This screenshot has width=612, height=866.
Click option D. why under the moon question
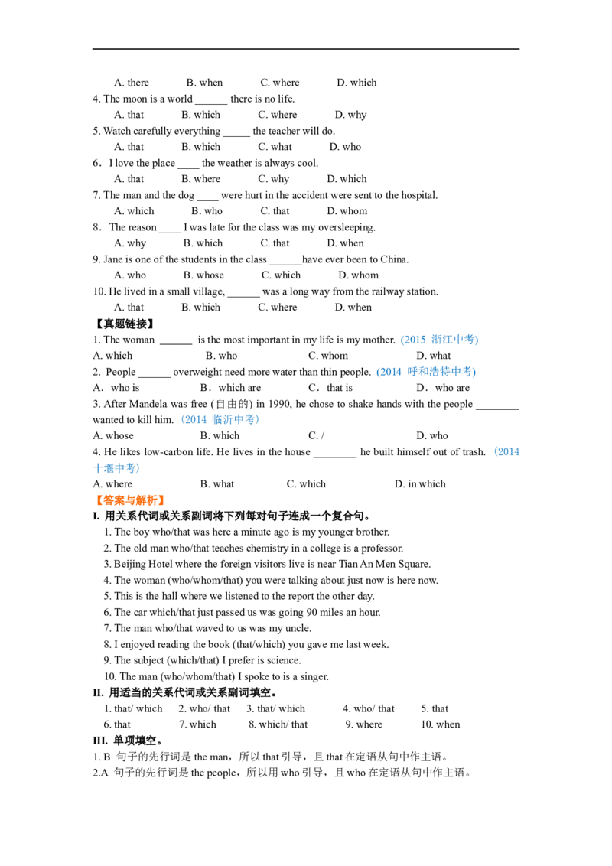[350, 115]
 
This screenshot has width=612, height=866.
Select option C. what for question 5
[275, 147]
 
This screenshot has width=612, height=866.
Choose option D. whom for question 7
[347, 211]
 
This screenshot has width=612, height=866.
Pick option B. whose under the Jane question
[203, 275]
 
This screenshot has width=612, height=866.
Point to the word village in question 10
[208, 291]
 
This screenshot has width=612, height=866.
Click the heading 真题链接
[125, 324]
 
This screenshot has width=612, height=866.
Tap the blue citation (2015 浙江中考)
[439, 340]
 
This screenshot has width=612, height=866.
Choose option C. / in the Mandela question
[316, 436]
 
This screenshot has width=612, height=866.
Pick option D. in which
[420, 483]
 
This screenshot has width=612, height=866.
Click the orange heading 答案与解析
[130, 500]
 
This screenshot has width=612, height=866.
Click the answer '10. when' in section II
[440, 724]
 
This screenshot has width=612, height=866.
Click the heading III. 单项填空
[128, 741]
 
